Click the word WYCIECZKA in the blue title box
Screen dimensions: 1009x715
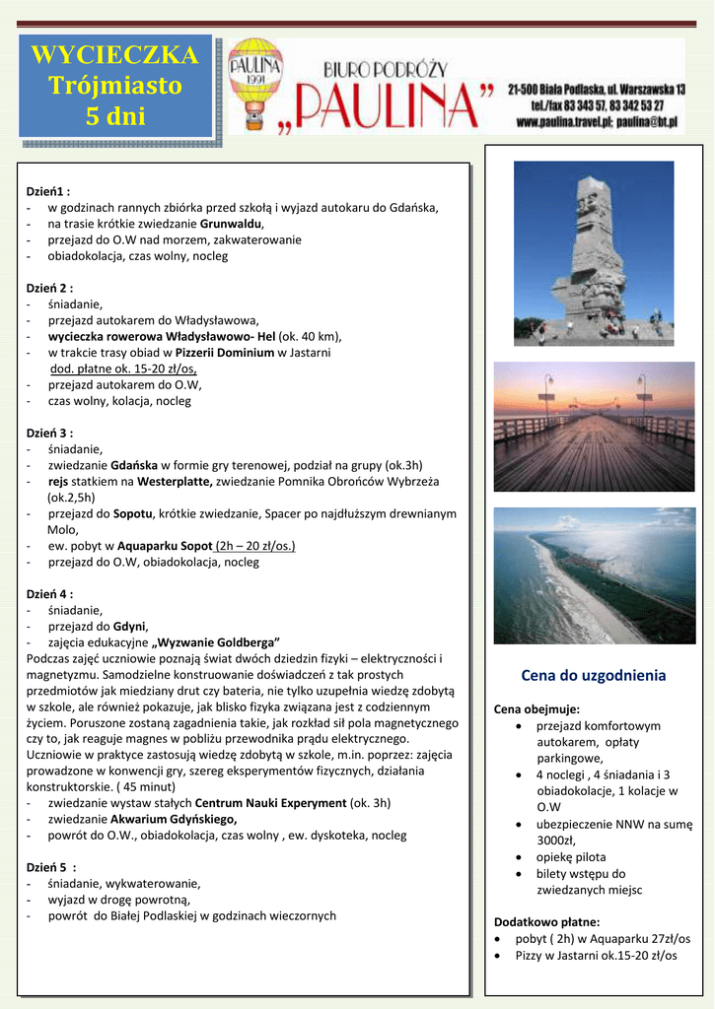[114, 55]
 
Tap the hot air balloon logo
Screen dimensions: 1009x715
[256, 84]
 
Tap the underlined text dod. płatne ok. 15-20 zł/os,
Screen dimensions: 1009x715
[123, 369]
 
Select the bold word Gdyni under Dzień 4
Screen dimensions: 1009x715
[130, 626]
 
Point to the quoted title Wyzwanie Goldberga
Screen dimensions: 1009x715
[216, 641]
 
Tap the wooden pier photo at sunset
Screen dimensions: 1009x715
[594, 426]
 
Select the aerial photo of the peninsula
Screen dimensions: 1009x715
[594, 575]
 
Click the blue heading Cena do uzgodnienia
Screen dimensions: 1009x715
[593, 676]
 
